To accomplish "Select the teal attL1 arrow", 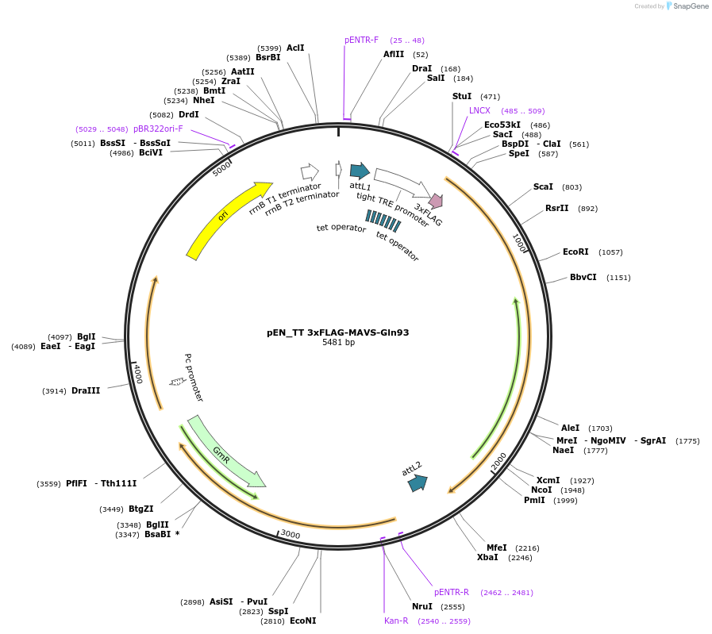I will tap(360, 171).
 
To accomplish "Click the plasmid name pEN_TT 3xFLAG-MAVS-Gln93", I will tap(337, 332).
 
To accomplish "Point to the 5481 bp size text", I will tap(338, 343).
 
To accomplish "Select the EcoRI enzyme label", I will tap(575, 252).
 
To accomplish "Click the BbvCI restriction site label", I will tap(583, 277).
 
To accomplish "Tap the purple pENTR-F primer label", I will tap(361, 40).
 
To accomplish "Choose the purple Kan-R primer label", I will tap(396, 621).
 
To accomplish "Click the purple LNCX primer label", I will tap(479, 110).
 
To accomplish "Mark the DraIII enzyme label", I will tap(86, 390).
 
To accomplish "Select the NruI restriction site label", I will tap(422, 606).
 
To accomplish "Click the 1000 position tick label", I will tap(520, 243).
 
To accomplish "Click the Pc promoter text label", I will tap(194, 378).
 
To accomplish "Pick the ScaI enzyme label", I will tap(543, 186).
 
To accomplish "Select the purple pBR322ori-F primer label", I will tap(158, 129).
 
